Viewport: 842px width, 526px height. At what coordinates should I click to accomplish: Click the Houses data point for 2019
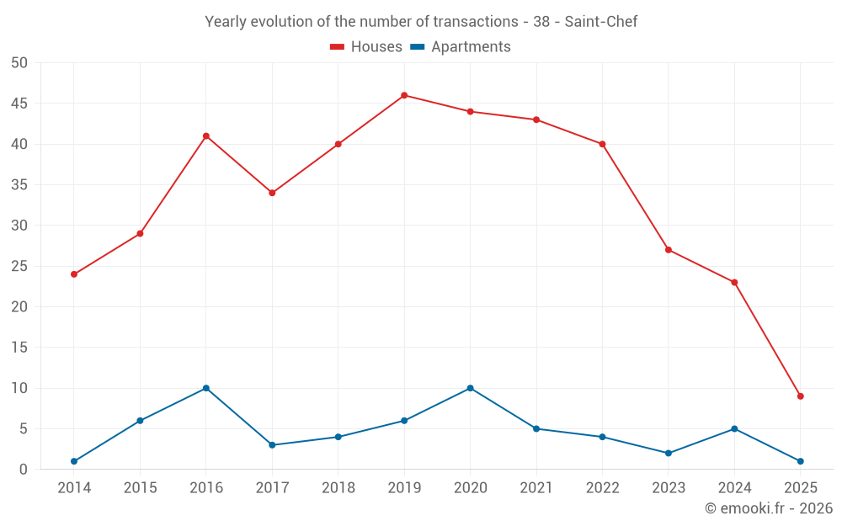point(404,95)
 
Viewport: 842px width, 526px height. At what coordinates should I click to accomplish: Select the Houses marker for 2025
point(800,396)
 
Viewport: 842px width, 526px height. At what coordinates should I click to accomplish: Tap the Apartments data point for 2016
point(205,388)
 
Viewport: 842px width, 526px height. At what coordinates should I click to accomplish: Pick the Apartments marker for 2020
point(470,388)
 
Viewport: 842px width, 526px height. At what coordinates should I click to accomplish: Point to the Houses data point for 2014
point(74,274)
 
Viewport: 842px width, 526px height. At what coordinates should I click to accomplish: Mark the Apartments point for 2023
point(669,453)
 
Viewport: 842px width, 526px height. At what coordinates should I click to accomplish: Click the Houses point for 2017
point(272,193)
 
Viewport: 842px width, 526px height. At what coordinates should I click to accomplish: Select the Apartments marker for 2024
point(734,428)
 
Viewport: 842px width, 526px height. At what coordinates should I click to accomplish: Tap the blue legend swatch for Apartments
point(417,47)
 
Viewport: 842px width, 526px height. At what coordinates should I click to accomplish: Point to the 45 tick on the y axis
point(19,104)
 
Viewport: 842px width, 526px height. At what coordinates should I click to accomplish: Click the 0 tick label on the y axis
point(24,470)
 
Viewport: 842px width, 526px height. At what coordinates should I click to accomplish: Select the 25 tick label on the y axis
point(19,266)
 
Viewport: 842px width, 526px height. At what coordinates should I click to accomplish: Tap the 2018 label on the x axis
point(338,488)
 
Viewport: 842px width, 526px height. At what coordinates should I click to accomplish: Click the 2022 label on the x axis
point(602,488)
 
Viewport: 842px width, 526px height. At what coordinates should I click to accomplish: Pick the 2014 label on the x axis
point(74,488)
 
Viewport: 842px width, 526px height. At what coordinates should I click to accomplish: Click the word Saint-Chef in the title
point(600,22)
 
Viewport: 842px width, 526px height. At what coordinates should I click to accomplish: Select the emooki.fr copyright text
point(768,508)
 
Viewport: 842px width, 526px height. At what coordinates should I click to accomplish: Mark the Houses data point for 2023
point(669,250)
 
